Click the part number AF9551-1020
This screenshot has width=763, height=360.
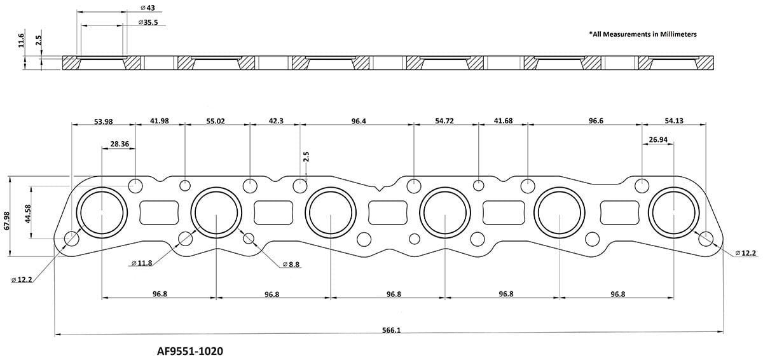(x=190, y=350)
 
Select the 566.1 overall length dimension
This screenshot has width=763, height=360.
(x=390, y=330)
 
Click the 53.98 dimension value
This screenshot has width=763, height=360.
(x=102, y=121)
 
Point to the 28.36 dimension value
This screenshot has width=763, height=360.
(x=120, y=144)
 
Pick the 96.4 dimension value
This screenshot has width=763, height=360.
(x=359, y=121)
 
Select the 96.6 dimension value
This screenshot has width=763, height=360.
(x=584, y=121)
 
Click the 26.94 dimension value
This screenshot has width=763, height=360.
(x=657, y=139)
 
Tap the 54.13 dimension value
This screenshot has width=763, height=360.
(x=674, y=121)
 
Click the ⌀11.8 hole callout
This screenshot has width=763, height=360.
(x=144, y=263)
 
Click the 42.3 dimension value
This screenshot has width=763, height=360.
(x=275, y=121)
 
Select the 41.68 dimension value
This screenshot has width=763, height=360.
(x=503, y=121)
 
